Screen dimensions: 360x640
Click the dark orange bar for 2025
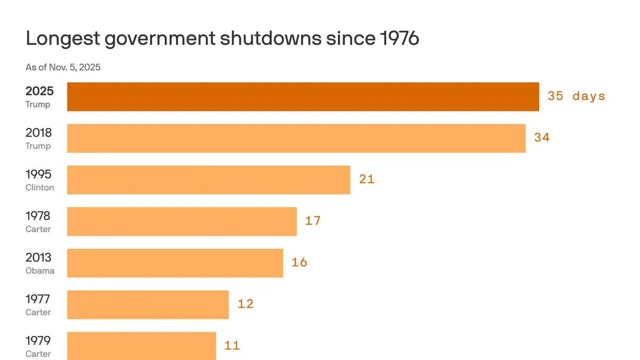[303, 97]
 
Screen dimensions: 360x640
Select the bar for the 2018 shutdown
[296, 138]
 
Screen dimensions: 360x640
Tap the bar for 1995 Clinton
[209, 180]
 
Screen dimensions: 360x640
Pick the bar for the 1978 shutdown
[182, 221]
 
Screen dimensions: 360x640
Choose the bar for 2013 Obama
[175, 263]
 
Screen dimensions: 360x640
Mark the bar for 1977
[148, 305]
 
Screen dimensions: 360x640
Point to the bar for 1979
[141, 345]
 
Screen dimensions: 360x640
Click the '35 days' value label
[577, 97]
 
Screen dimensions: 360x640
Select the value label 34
[542, 138]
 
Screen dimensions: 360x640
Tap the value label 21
[367, 179]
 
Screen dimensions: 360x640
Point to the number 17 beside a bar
[313, 221]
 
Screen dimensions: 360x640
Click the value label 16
[299, 262]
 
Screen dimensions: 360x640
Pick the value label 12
[245, 304]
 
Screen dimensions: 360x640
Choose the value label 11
[232, 346]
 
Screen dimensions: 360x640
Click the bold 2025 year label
[39, 91]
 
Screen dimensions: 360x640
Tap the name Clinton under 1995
[39, 188]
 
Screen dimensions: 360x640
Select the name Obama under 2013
[40, 271]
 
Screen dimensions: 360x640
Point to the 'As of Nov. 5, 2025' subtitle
[63, 67]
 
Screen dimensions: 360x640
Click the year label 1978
[38, 216]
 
